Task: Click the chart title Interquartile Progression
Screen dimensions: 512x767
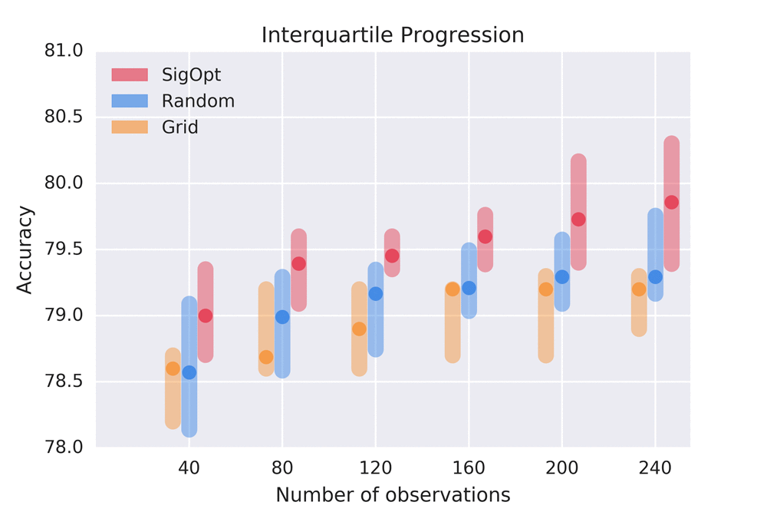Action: [x=393, y=35]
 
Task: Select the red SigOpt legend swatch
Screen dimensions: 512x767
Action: [x=129, y=74]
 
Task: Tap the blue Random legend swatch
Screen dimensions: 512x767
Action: [x=129, y=101]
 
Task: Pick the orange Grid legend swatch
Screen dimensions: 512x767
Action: [x=129, y=127]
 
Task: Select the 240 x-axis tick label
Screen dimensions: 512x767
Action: [x=655, y=467]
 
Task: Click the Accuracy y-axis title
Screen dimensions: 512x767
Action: [x=25, y=249]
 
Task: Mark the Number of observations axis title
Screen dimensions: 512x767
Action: [x=393, y=495]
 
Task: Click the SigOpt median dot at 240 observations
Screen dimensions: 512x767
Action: [x=672, y=203]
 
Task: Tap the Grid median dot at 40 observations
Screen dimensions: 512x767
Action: [x=173, y=368]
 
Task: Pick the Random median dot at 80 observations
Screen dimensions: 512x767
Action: [x=282, y=317]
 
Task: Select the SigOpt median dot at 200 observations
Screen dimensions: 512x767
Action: [x=578, y=220]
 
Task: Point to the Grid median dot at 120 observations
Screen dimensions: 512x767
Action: [x=359, y=329]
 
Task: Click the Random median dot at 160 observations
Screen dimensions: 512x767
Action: [x=469, y=288]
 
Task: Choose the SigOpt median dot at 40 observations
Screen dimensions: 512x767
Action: [x=206, y=315]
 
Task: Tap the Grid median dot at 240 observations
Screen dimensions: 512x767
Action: [x=639, y=289]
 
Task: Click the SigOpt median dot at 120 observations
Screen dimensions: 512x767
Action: [x=392, y=256]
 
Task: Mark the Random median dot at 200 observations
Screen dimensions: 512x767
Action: [x=562, y=277]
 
